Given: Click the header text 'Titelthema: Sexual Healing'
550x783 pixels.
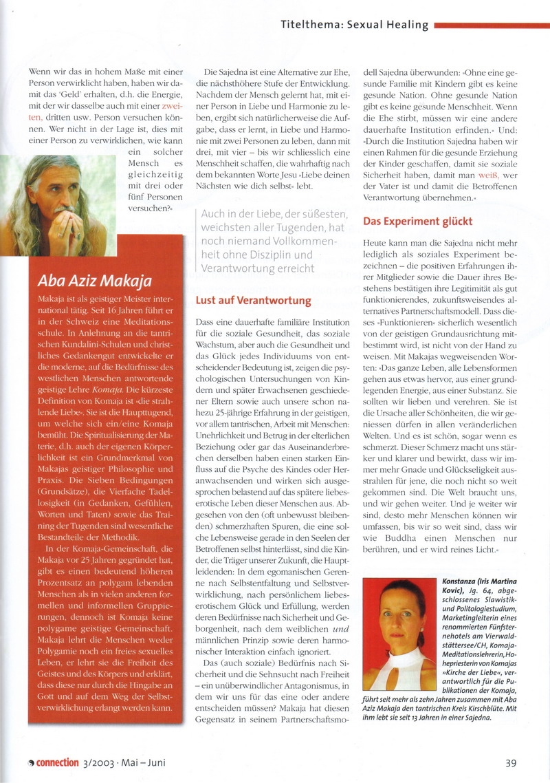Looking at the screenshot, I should point(354,25).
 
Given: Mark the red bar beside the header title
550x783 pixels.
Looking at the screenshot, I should point(489,25).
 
